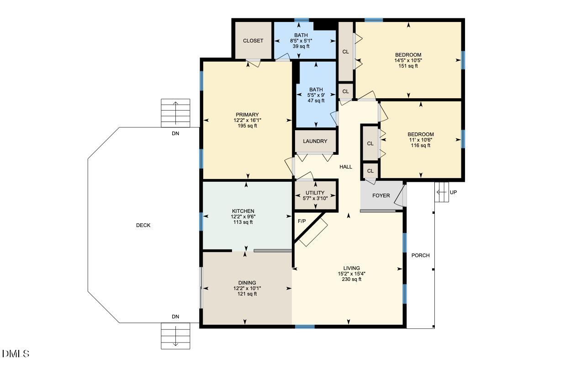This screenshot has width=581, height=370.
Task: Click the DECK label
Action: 143,225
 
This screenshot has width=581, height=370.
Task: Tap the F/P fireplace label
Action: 301,221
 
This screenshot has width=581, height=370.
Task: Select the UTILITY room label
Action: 315,193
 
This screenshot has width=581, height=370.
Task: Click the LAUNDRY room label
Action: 315,141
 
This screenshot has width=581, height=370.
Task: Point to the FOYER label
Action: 381,196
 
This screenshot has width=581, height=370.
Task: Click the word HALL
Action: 346,167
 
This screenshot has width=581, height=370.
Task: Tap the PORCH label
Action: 420,255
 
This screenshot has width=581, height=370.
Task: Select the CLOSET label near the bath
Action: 253,41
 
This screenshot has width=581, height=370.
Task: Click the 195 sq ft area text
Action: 247,126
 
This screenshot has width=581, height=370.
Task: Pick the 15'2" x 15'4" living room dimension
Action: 351,274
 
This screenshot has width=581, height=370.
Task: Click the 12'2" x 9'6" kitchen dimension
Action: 243,217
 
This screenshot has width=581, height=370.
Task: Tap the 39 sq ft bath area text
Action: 301,47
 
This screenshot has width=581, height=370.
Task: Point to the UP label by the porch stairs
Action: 453,192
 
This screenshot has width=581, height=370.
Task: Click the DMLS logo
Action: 16,354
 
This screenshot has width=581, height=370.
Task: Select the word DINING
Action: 247,283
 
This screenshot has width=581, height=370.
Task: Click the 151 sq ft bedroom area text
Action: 408,66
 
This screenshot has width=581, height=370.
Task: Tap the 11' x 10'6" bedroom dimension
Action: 420,140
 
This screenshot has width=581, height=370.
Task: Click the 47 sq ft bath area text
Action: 316,100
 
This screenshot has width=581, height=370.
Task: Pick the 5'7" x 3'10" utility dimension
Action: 315,199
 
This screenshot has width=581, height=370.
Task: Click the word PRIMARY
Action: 247,115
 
